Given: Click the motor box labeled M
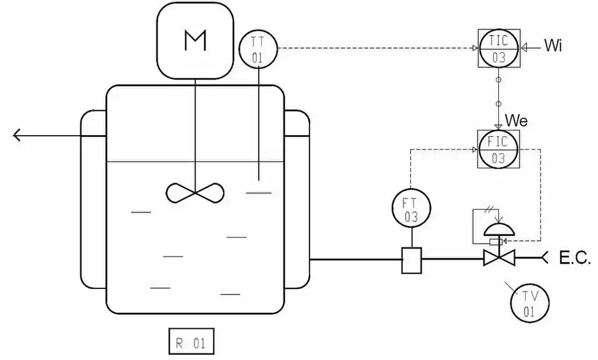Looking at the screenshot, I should click(195, 40).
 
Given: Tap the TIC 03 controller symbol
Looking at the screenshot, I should click(498, 48).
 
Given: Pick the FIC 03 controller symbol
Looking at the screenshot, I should click(498, 149).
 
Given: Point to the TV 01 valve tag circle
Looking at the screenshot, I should click(529, 303).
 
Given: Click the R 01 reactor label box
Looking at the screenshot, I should click(191, 341).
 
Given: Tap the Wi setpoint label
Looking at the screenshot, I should click(553, 47).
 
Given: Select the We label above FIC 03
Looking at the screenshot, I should click(516, 120).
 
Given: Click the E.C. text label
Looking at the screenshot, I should click(574, 257).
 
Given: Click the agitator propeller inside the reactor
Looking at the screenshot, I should click(195, 192).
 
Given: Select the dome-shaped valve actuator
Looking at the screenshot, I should click(499, 229).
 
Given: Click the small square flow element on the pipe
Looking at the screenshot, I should click(412, 259).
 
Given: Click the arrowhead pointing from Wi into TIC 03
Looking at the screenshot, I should click(524, 47).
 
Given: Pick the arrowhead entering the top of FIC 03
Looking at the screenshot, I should click(498, 126).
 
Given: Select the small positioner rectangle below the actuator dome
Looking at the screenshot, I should click(496, 242).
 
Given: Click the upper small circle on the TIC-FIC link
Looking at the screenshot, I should click(498, 80).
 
